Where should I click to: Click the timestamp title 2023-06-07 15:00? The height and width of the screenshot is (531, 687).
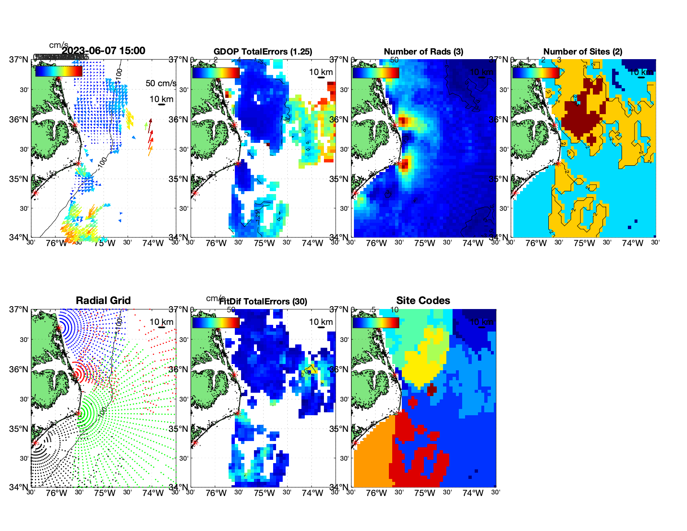point(104,51)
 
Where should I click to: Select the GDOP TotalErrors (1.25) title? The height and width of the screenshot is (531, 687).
point(263,52)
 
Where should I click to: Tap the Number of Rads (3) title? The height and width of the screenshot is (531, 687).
point(423,52)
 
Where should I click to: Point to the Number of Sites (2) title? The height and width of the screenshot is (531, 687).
point(583,52)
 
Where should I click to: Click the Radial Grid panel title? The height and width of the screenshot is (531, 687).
point(103,301)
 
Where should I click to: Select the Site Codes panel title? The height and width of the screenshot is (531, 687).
point(423,301)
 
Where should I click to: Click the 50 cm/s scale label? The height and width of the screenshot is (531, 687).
point(161,83)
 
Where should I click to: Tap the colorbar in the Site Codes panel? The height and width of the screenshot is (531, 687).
point(376,323)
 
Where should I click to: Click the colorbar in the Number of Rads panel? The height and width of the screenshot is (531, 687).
point(376,73)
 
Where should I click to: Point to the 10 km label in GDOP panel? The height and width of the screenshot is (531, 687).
point(321,72)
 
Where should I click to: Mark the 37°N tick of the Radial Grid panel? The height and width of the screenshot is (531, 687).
point(19,309)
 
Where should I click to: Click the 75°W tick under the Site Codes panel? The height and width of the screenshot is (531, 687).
point(424,493)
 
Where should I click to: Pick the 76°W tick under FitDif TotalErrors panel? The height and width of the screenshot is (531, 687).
point(216,493)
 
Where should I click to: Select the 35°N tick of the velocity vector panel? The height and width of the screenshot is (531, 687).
point(19,179)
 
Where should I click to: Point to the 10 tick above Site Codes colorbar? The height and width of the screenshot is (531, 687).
point(394,310)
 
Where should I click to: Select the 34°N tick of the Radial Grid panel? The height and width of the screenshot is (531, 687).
point(19,487)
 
